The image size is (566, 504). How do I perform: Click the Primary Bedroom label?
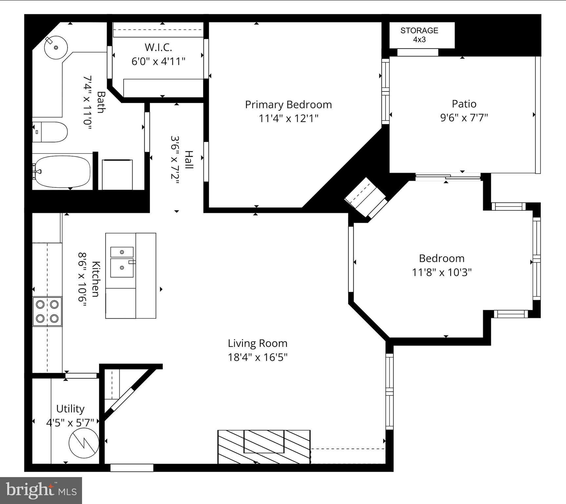point(288,105)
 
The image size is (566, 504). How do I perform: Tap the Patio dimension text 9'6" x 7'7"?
point(464,117)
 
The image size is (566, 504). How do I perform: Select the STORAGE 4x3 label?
point(419,35)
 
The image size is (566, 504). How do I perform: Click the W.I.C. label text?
point(158,48)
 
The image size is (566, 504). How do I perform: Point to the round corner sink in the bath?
point(56,48)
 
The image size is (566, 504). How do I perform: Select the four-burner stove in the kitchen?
point(47,311)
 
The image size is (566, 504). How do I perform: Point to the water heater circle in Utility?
point(84,443)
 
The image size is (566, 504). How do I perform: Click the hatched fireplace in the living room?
point(264,447)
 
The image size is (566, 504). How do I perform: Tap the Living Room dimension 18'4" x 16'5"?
point(258,357)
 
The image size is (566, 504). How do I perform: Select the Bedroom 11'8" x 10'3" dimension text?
point(442,272)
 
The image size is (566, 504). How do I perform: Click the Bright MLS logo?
point(41,491)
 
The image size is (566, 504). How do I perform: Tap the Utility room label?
point(70,409)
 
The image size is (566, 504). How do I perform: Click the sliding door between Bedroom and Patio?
point(448,177)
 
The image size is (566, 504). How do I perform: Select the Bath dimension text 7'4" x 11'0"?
point(87,103)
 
